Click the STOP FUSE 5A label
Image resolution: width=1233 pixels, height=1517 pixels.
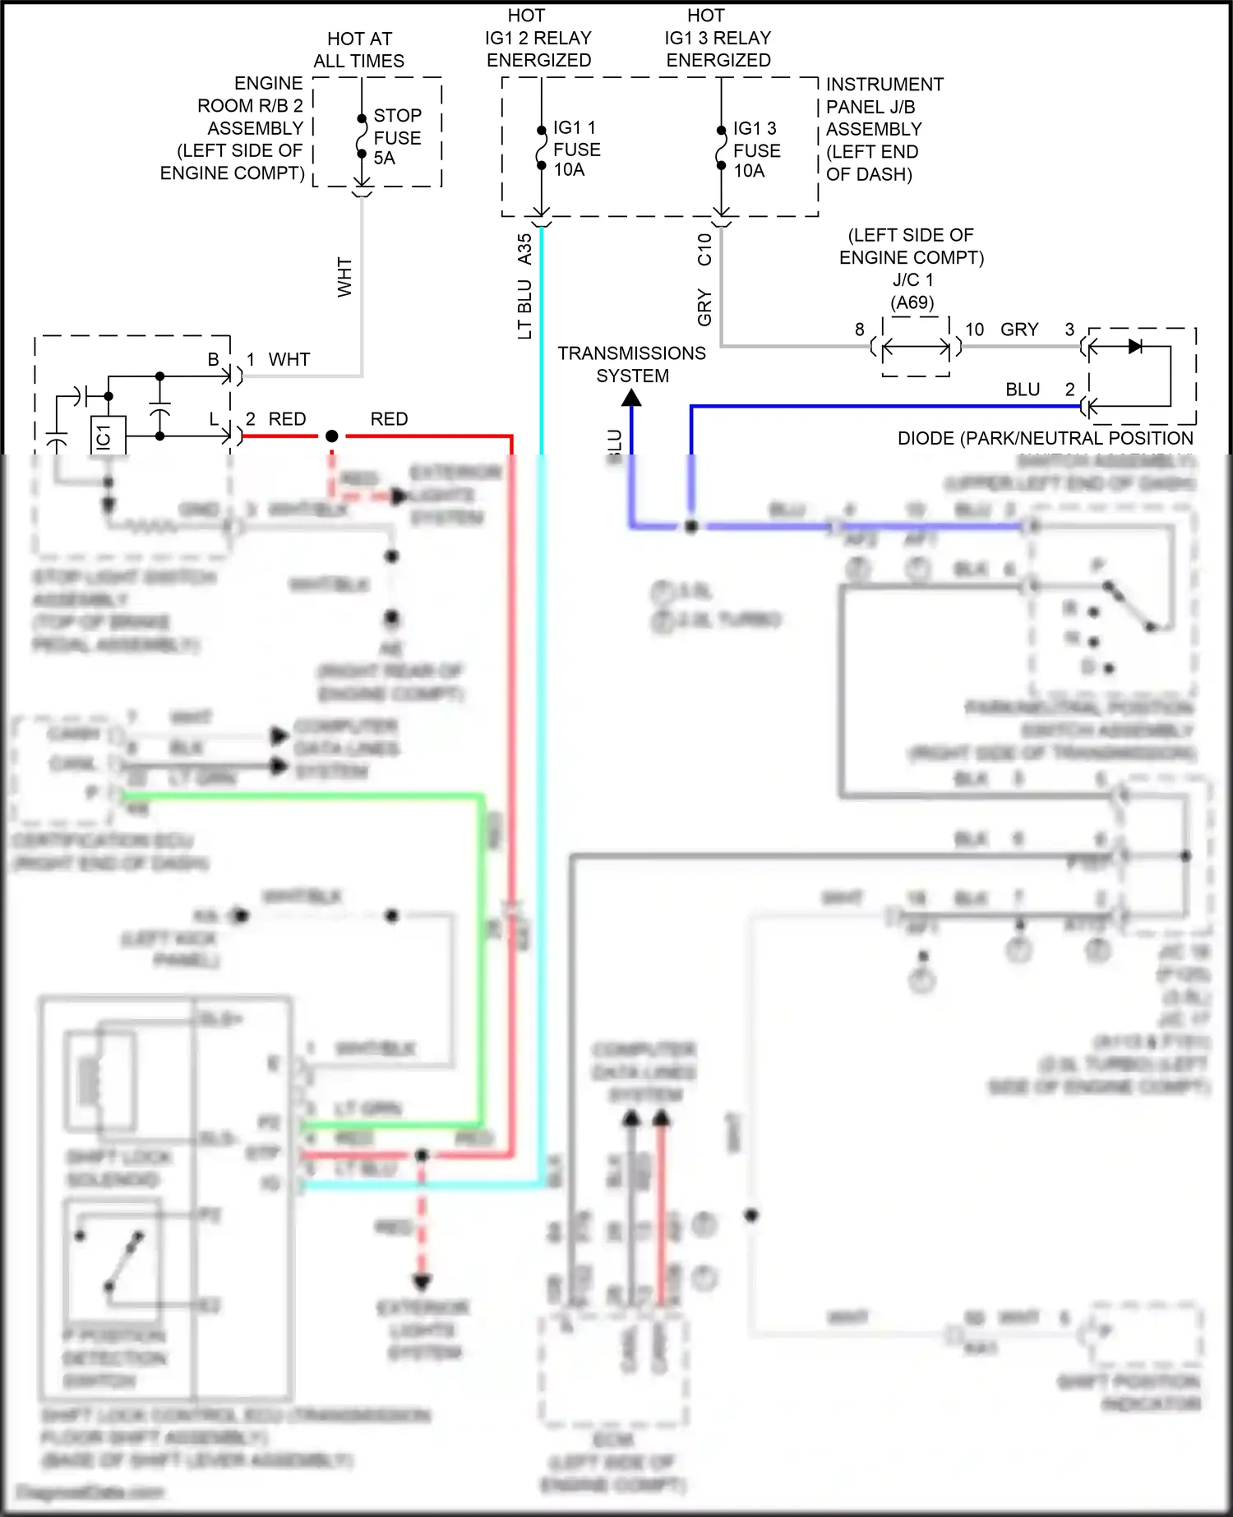[397, 137]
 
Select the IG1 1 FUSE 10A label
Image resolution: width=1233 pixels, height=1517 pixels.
[576, 149]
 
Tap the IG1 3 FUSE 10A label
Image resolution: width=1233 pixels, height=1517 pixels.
[756, 150]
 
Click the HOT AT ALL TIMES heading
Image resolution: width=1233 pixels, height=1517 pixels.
[359, 50]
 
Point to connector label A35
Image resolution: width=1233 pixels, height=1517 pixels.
[524, 249]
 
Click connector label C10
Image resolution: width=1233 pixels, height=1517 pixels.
[704, 249]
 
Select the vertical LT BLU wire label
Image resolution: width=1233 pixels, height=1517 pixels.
[524, 309]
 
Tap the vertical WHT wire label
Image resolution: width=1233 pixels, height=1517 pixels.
[344, 277]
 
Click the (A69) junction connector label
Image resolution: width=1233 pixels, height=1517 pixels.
[912, 302]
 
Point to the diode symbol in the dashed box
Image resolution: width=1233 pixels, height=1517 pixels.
[1135, 346]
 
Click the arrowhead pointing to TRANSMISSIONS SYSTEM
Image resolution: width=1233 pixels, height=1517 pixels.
[631, 398]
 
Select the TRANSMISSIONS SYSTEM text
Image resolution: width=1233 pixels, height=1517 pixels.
[631, 364]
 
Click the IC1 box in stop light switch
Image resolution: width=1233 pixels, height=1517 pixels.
[107, 436]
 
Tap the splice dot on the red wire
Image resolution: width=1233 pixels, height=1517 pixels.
[331, 436]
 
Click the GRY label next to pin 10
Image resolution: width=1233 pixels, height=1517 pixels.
[1019, 330]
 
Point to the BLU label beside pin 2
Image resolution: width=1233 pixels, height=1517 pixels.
[1023, 390]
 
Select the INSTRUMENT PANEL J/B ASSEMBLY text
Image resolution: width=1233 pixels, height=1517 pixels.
[884, 129]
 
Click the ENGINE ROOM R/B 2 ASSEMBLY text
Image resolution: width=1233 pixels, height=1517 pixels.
[233, 128]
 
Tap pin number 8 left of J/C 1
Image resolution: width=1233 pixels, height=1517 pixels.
[859, 330]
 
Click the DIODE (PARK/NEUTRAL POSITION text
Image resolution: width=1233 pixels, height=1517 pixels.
[1045, 439]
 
